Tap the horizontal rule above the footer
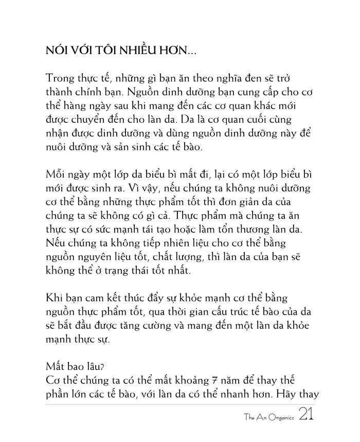pos(180,404)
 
